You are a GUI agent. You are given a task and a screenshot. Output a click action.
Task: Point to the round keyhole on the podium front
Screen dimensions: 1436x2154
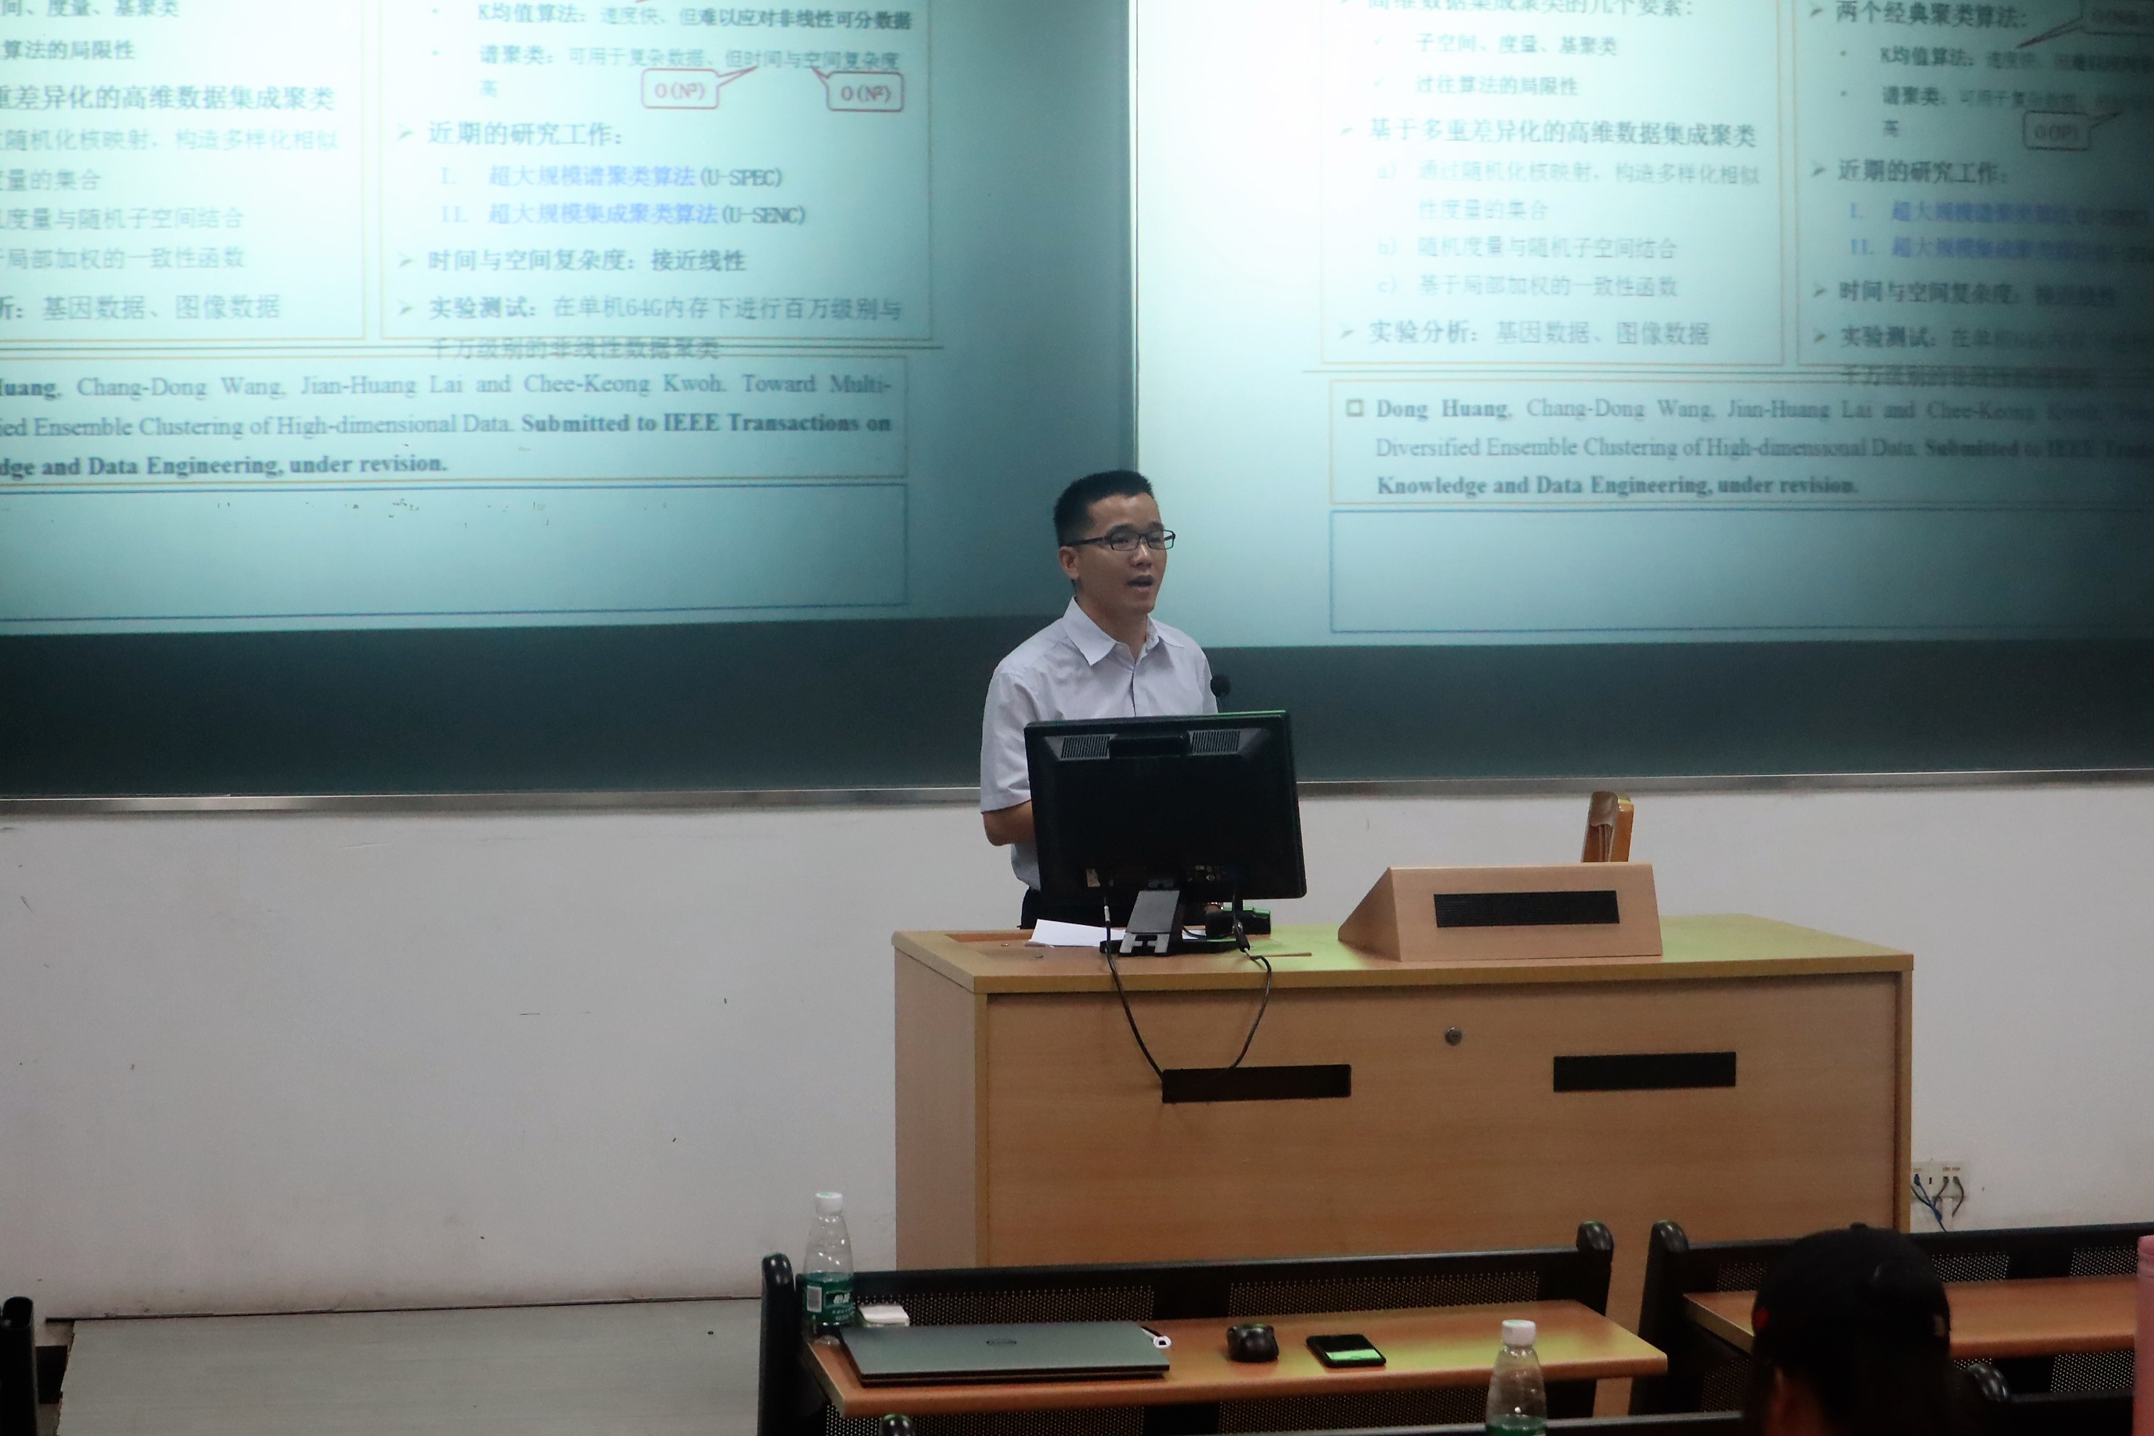point(1453,1036)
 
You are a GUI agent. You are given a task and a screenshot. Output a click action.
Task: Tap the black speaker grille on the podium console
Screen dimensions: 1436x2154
point(1526,908)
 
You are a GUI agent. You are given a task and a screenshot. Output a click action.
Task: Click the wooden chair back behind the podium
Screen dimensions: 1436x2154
point(1608,827)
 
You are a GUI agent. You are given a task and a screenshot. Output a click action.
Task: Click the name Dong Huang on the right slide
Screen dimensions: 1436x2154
point(1442,408)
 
